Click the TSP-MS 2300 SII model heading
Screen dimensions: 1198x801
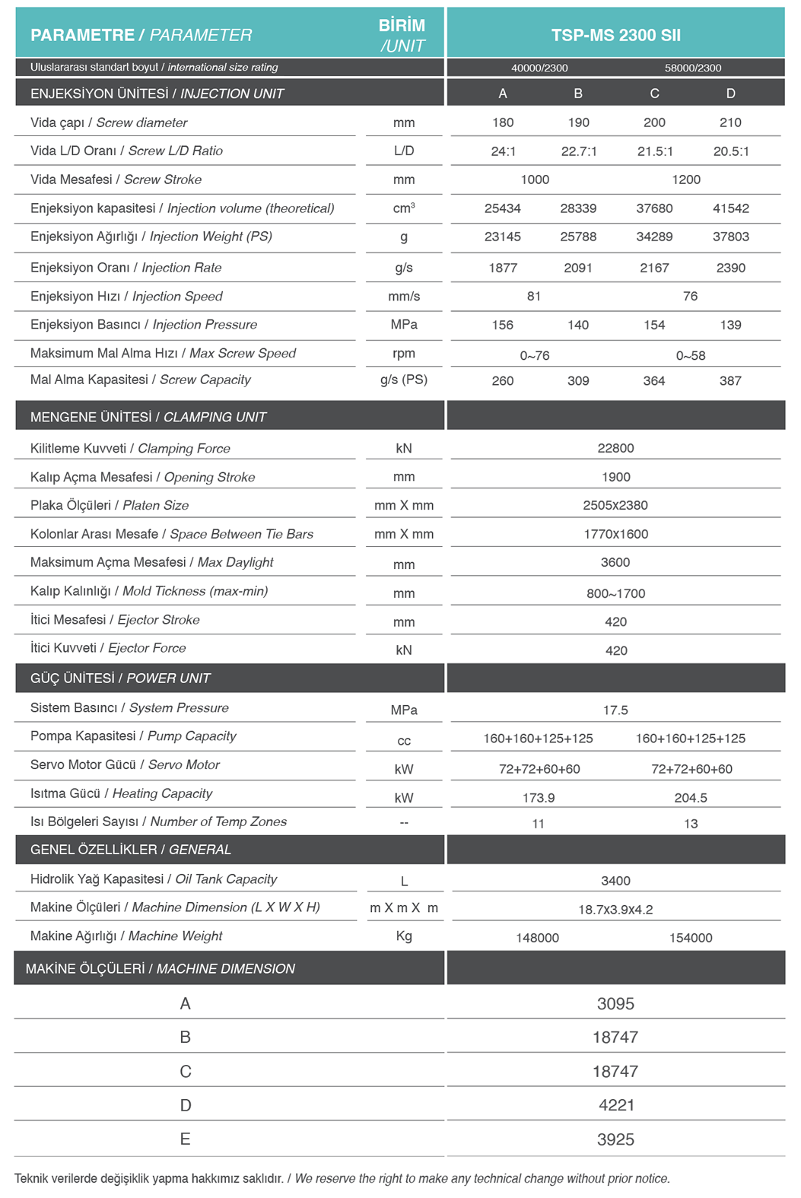615,35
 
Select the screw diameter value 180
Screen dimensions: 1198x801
503,122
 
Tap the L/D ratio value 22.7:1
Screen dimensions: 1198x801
579,151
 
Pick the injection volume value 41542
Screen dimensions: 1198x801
730,208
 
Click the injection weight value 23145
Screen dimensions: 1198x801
503,237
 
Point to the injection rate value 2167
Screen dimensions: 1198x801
654,268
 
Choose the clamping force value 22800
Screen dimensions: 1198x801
615,448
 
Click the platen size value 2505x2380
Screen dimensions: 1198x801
615,505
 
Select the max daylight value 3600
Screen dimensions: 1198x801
615,562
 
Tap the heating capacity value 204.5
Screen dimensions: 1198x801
691,797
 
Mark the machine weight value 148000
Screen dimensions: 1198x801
538,938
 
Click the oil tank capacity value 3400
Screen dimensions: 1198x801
615,881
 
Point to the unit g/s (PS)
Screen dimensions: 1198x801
404,380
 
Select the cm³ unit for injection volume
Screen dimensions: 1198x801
404,208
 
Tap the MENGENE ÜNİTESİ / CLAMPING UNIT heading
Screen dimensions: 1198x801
148,417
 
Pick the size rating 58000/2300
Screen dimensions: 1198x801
693,68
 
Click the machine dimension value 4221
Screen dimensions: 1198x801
616,1105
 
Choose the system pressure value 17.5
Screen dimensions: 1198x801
615,710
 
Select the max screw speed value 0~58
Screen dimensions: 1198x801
691,355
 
